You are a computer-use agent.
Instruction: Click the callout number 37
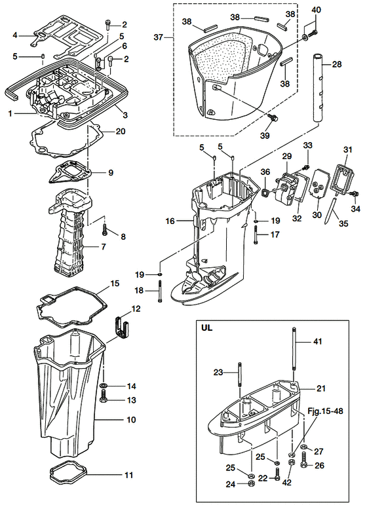pyautogui.click(x=158, y=38)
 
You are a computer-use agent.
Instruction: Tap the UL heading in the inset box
pyautogui.click(x=207, y=329)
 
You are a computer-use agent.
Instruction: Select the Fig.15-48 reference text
pyautogui.click(x=325, y=411)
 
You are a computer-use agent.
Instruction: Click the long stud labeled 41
pyautogui.click(x=294, y=350)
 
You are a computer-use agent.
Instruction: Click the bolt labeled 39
pyautogui.click(x=274, y=118)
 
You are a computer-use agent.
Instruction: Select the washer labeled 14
pyautogui.click(x=104, y=386)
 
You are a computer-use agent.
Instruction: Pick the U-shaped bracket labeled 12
pyautogui.click(x=122, y=328)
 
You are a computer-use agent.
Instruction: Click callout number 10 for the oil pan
pyautogui.click(x=132, y=420)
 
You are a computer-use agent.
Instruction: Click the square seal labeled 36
pyautogui.click(x=265, y=194)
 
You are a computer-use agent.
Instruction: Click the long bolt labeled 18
pyautogui.click(x=159, y=291)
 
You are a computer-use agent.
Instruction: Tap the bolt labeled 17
pyautogui.click(x=256, y=235)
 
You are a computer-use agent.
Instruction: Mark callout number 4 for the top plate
pyautogui.click(x=15, y=35)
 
